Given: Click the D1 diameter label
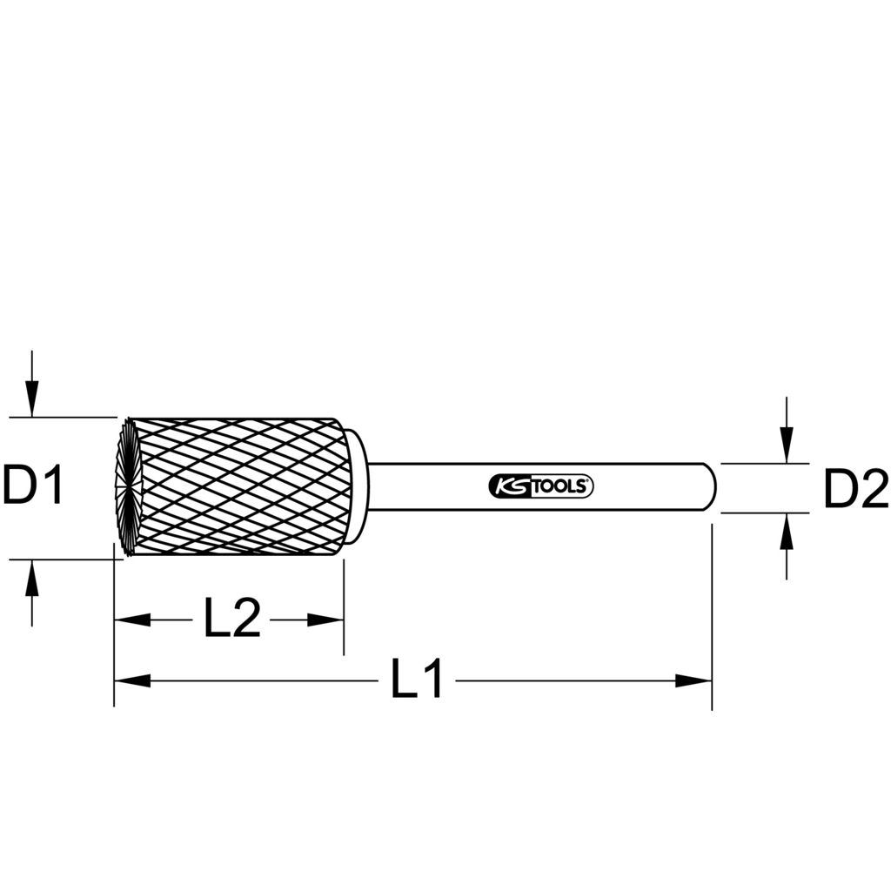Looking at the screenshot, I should coord(33,486).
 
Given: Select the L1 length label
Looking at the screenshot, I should coord(417,680).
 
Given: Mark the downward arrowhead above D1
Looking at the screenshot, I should coord(32,399).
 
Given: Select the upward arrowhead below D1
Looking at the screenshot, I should coord(32,577).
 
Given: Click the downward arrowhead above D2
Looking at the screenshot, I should coord(787,446).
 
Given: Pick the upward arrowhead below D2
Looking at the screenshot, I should coord(787,530).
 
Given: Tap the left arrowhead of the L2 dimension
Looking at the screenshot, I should coord(131,620).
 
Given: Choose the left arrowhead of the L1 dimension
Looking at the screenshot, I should coord(131,680).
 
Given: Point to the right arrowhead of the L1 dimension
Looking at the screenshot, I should coord(694,680).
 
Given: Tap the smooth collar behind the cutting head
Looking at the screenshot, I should coord(357,486).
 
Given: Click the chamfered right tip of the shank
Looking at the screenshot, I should coord(712,486).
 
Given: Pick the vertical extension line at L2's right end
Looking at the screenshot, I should coord(344,609).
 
